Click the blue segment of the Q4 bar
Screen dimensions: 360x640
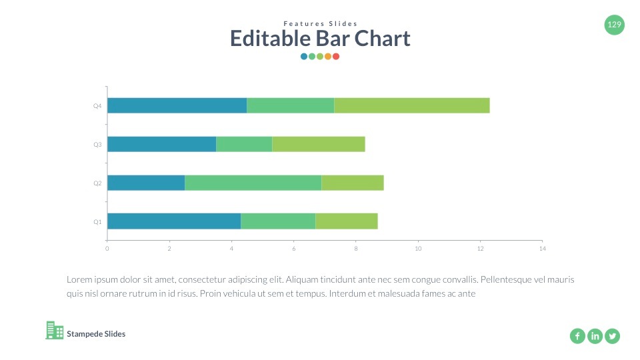(x=177, y=105)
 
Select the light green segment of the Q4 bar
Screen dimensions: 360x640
(x=411, y=105)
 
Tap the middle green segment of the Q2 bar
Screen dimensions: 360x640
(x=253, y=183)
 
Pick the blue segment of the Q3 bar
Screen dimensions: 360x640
(x=161, y=144)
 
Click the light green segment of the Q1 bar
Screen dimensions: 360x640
(x=346, y=221)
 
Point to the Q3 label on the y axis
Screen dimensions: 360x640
(x=97, y=144)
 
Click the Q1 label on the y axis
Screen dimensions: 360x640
(x=97, y=221)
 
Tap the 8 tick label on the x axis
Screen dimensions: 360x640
(x=356, y=249)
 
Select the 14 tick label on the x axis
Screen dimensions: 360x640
(x=542, y=249)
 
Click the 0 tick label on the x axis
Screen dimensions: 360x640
(x=107, y=249)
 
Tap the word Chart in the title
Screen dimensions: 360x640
(x=382, y=39)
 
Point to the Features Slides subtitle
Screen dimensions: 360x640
(x=320, y=24)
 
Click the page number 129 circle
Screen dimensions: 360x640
(x=614, y=25)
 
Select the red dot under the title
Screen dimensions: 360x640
(x=336, y=57)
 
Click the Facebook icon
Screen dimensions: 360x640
(x=577, y=336)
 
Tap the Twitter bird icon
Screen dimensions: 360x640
(x=612, y=336)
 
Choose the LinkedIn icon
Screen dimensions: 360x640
(x=595, y=336)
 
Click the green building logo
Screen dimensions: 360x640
(x=55, y=330)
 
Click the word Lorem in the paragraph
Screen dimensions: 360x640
(x=78, y=280)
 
